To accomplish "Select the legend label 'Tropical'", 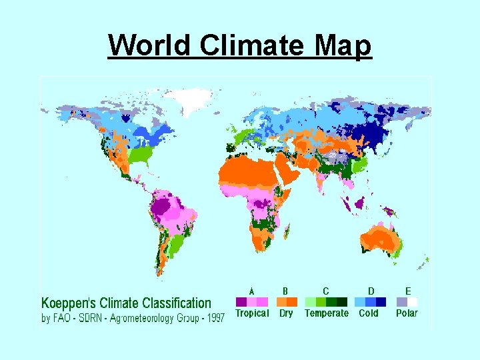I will [252, 313].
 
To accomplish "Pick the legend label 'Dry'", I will [286, 313].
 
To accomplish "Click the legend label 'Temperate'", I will [326, 313].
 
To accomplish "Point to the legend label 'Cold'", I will [369, 313].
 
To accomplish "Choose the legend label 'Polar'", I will [407, 313].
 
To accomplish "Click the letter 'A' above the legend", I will [251, 291].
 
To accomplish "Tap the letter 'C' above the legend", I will [325, 291].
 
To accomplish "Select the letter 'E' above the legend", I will [407, 291].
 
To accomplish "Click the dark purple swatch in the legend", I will [241, 302].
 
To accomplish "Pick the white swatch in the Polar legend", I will [413, 302].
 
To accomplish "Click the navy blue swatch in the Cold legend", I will [381, 302].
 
